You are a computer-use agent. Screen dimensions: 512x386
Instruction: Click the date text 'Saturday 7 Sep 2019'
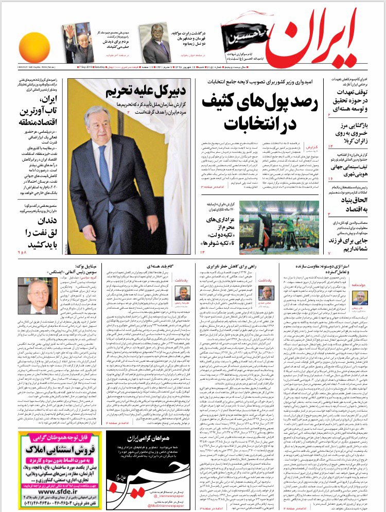coord(91,68)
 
